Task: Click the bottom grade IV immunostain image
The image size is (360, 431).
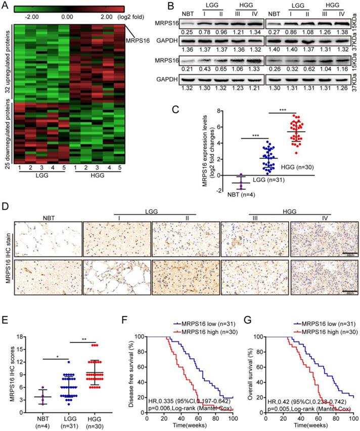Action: coord(324,289)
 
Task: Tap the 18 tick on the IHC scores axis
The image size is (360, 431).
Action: coord(19,335)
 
